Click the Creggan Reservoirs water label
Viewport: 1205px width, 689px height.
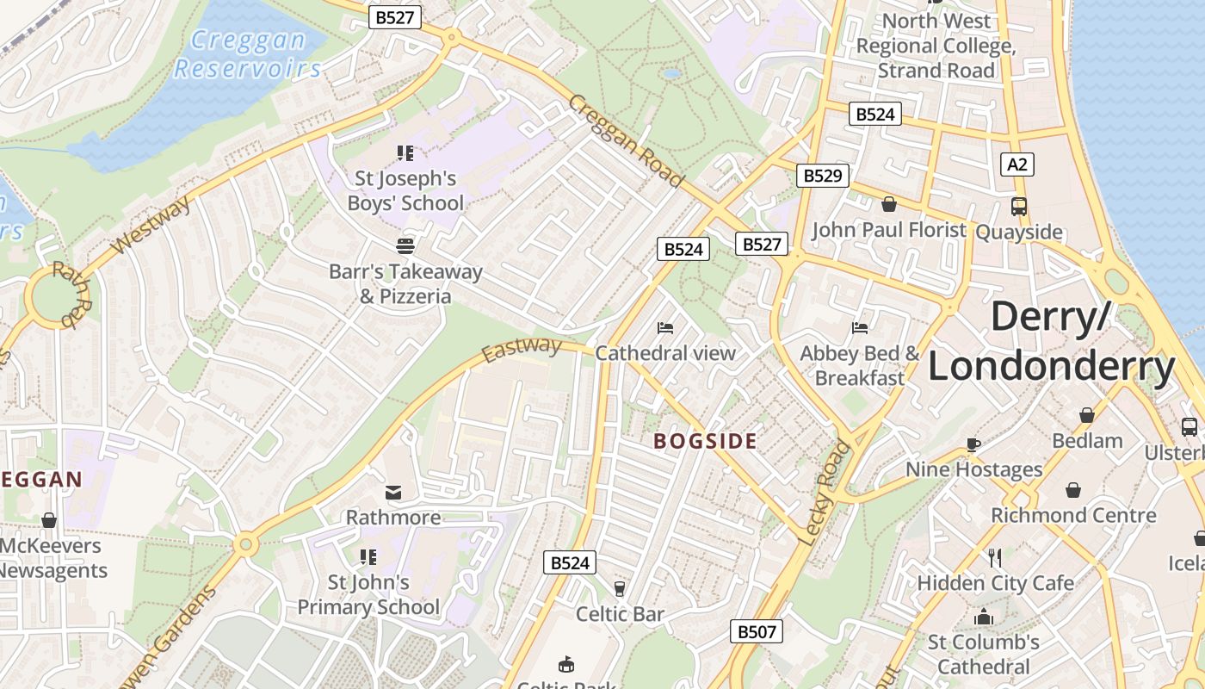point(248,53)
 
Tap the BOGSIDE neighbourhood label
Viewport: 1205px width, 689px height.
point(705,442)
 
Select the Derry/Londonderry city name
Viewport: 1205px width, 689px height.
point(1051,342)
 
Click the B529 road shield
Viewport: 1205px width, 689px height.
point(822,176)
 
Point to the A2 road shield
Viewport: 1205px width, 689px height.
point(1017,164)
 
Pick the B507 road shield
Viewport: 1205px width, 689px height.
point(757,631)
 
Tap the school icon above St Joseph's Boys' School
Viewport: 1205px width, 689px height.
point(405,153)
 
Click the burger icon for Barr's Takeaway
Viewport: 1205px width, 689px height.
point(405,245)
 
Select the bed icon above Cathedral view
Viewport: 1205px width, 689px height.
point(665,327)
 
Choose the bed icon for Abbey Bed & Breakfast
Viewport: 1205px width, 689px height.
point(859,327)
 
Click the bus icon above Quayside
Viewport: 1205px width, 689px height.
point(1019,206)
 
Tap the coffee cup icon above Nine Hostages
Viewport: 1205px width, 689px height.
point(973,444)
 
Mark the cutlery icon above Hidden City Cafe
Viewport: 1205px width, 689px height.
point(995,557)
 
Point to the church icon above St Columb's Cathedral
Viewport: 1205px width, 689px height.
point(983,617)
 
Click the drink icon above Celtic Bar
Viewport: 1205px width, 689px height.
point(619,588)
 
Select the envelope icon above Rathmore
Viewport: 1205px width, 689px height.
point(393,492)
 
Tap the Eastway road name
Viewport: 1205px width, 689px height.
point(521,350)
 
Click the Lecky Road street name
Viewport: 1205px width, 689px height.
point(825,493)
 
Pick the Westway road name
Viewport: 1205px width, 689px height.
point(151,226)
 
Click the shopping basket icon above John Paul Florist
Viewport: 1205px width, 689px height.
point(889,204)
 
